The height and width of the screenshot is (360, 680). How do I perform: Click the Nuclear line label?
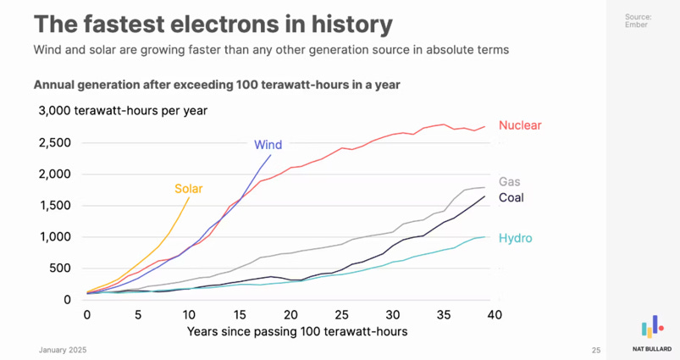520,125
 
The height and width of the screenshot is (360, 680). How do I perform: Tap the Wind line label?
268,145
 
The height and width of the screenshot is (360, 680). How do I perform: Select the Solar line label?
189,188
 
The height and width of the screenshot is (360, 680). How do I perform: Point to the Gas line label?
510,181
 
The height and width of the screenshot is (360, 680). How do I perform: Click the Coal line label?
511,197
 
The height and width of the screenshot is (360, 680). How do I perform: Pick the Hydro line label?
516,238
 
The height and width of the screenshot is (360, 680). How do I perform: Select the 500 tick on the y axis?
61,269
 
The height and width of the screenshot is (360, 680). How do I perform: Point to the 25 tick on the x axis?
341,314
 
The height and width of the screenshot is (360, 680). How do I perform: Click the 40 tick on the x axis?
495,314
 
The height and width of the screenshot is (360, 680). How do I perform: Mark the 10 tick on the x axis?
188,314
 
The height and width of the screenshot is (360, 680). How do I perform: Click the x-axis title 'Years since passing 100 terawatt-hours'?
297,331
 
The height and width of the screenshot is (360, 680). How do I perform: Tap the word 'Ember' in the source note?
637,25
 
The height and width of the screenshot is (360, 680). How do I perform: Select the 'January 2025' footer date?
62,350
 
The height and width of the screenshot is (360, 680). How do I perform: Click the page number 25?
595,350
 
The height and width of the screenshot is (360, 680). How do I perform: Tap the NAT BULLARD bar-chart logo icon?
651,327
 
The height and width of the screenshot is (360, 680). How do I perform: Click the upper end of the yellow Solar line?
189,198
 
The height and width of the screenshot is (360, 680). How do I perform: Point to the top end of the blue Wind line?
271,154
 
